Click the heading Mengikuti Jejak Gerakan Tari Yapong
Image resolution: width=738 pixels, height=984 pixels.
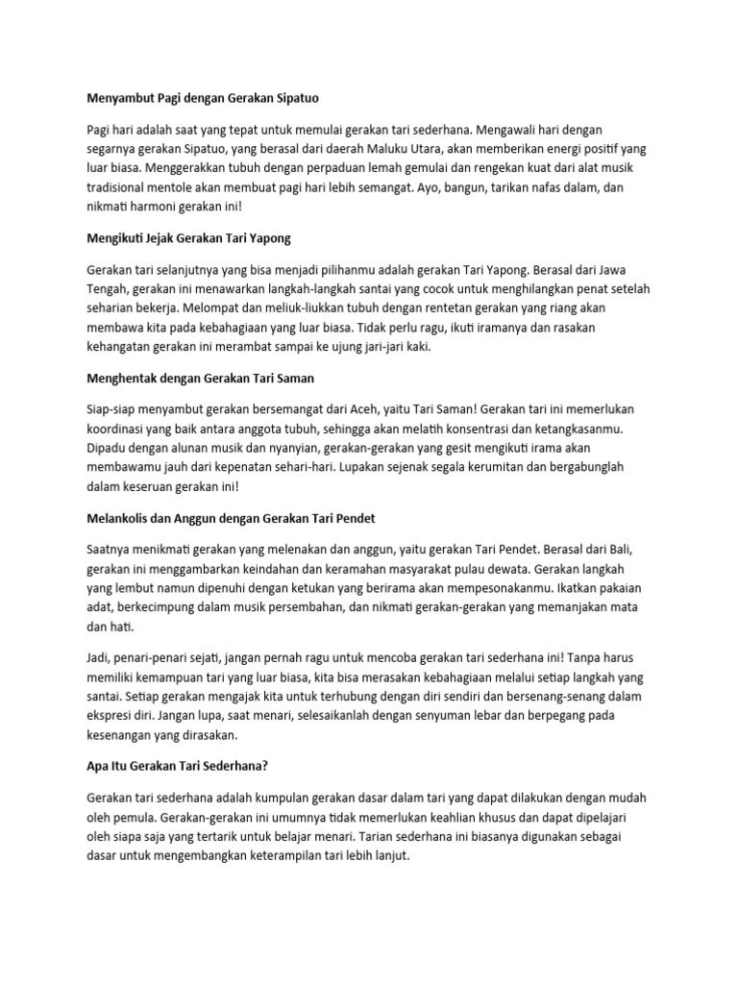click(x=188, y=235)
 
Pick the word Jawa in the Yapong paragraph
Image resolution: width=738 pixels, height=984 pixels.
click(x=613, y=271)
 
